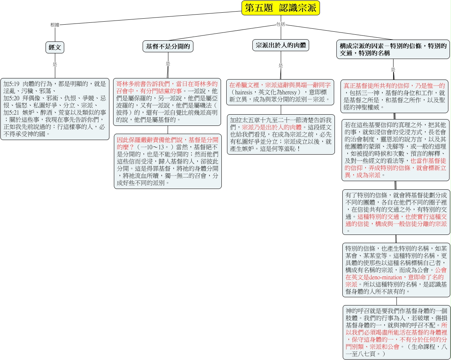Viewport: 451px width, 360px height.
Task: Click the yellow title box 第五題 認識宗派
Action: point(281,8)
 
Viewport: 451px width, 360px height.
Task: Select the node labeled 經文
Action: point(55,47)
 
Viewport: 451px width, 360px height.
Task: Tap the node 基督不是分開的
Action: point(168,46)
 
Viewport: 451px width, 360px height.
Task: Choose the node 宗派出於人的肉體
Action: point(281,45)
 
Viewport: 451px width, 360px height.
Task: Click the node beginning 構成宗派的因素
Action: point(393,49)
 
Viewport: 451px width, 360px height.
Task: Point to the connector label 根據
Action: point(55,25)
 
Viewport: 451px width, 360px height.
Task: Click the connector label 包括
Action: point(281,24)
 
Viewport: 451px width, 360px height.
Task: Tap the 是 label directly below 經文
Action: point(55,64)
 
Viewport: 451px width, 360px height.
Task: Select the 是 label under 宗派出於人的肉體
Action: point(281,66)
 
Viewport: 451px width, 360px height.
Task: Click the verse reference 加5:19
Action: point(11,84)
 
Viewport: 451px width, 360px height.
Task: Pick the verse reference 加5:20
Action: point(11,98)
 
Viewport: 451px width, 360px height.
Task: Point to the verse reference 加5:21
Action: point(11,112)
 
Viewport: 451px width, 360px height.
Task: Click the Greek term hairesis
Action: point(243,92)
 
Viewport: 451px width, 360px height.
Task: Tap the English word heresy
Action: point(289,92)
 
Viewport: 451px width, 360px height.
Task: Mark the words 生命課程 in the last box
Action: point(423,347)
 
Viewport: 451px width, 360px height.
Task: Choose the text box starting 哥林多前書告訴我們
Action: point(167,102)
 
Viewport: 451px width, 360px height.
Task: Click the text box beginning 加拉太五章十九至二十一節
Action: point(281,134)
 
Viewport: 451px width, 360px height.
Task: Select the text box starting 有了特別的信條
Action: point(396,212)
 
